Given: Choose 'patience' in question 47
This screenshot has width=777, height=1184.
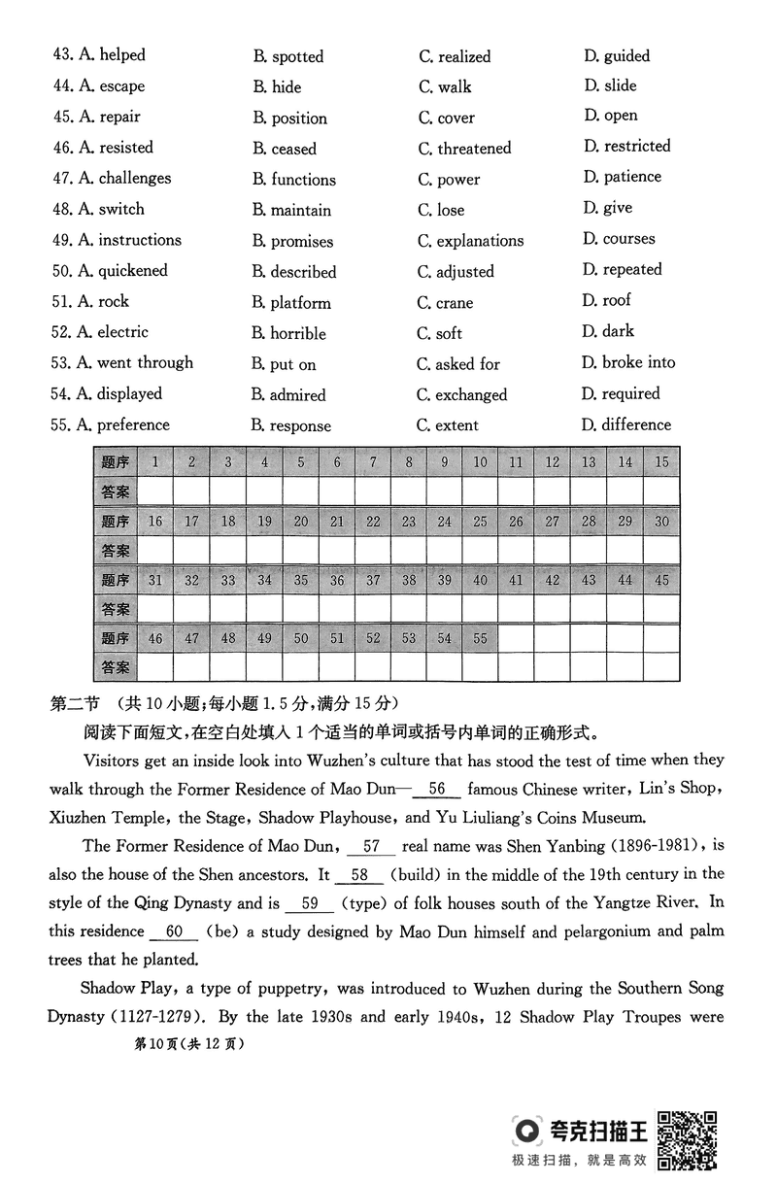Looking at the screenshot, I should (631, 177).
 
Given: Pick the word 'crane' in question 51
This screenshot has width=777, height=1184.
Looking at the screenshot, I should (455, 302).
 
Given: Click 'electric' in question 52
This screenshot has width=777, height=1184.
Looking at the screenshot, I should (122, 332).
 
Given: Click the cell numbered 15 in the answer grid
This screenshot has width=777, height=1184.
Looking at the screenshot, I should (661, 462).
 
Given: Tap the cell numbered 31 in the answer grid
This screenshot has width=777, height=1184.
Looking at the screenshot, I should (155, 580).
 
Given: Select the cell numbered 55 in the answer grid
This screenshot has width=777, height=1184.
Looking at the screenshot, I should (480, 638).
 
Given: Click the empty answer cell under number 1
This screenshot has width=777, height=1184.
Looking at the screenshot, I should (155, 491).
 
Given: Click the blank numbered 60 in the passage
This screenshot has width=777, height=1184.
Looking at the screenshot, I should (175, 931).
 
